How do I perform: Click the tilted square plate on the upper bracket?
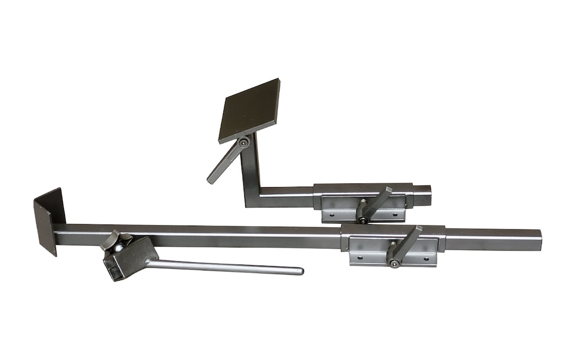click(x=250, y=110)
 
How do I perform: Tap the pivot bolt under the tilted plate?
click(x=244, y=142)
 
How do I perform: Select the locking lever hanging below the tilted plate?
click(x=223, y=163)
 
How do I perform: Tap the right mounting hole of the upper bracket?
click(x=397, y=215)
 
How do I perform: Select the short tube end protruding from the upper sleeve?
click(x=422, y=196)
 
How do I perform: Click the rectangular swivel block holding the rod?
click(x=130, y=259)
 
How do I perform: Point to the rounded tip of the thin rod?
click(x=300, y=271)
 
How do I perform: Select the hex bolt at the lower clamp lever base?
click(x=394, y=263)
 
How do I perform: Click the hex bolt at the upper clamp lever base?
click(x=363, y=219)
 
